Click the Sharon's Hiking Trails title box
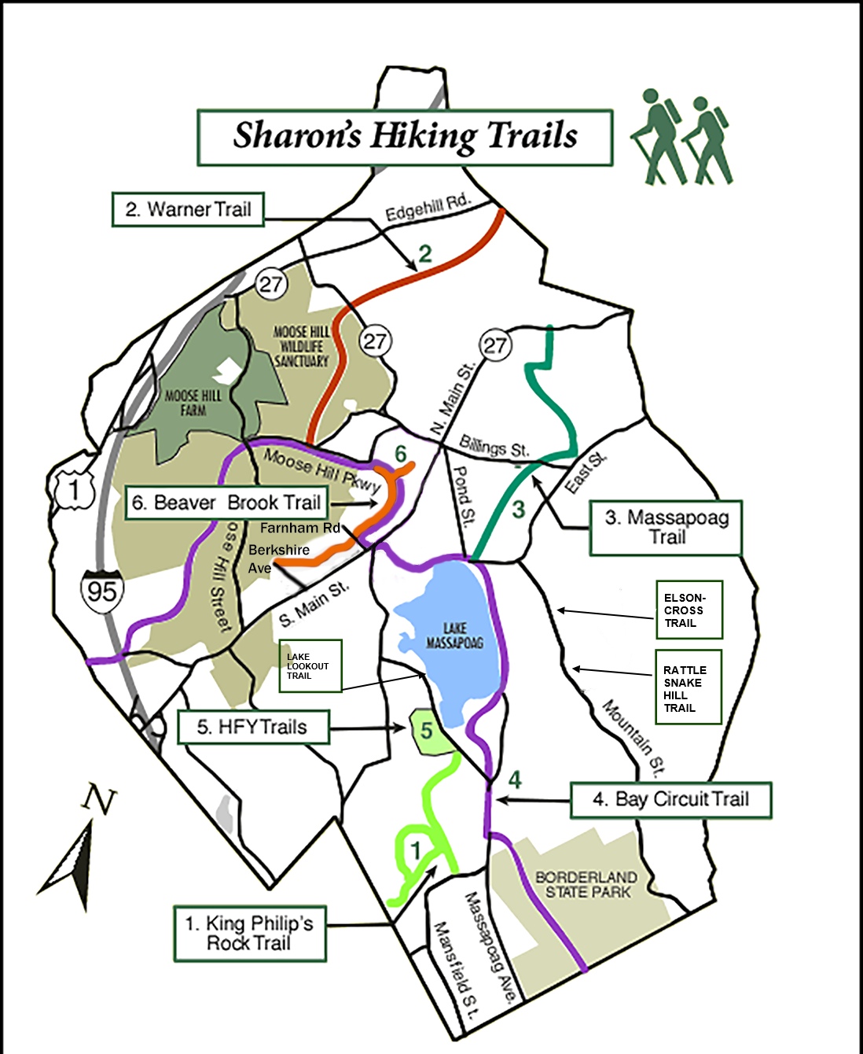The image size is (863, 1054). coord(404,137)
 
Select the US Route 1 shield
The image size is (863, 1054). coord(74,491)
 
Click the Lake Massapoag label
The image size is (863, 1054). coord(454,636)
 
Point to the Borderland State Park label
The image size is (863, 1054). coord(586,884)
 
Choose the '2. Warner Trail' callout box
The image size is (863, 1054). coord(188,209)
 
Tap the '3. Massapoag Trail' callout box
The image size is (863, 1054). coord(666,528)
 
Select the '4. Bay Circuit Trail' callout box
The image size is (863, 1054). coord(670,800)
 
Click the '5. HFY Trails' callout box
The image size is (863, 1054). coord(252,727)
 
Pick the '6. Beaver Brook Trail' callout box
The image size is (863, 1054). coord(226,503)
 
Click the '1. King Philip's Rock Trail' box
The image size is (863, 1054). coord(249,933)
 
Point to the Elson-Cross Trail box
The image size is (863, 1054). coord(688,610)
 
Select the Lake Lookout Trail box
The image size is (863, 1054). coord(310,665)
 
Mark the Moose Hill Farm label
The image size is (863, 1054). coord(193,403)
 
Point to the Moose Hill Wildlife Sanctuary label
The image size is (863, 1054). coord(302,346)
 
